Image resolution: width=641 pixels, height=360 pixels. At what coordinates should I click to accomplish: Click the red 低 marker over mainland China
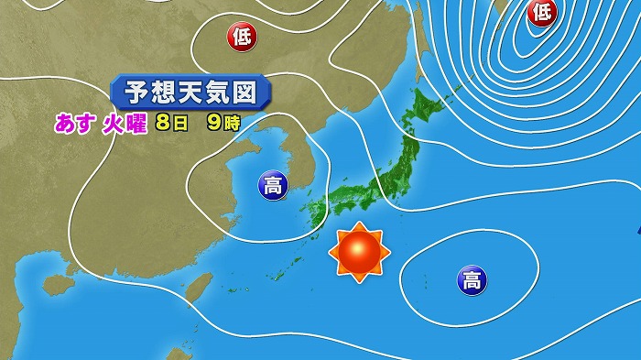pyautogui.click(x=243, y=37)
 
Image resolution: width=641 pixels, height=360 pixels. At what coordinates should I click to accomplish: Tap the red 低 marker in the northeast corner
pyautogui.click(x=541, y=11)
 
